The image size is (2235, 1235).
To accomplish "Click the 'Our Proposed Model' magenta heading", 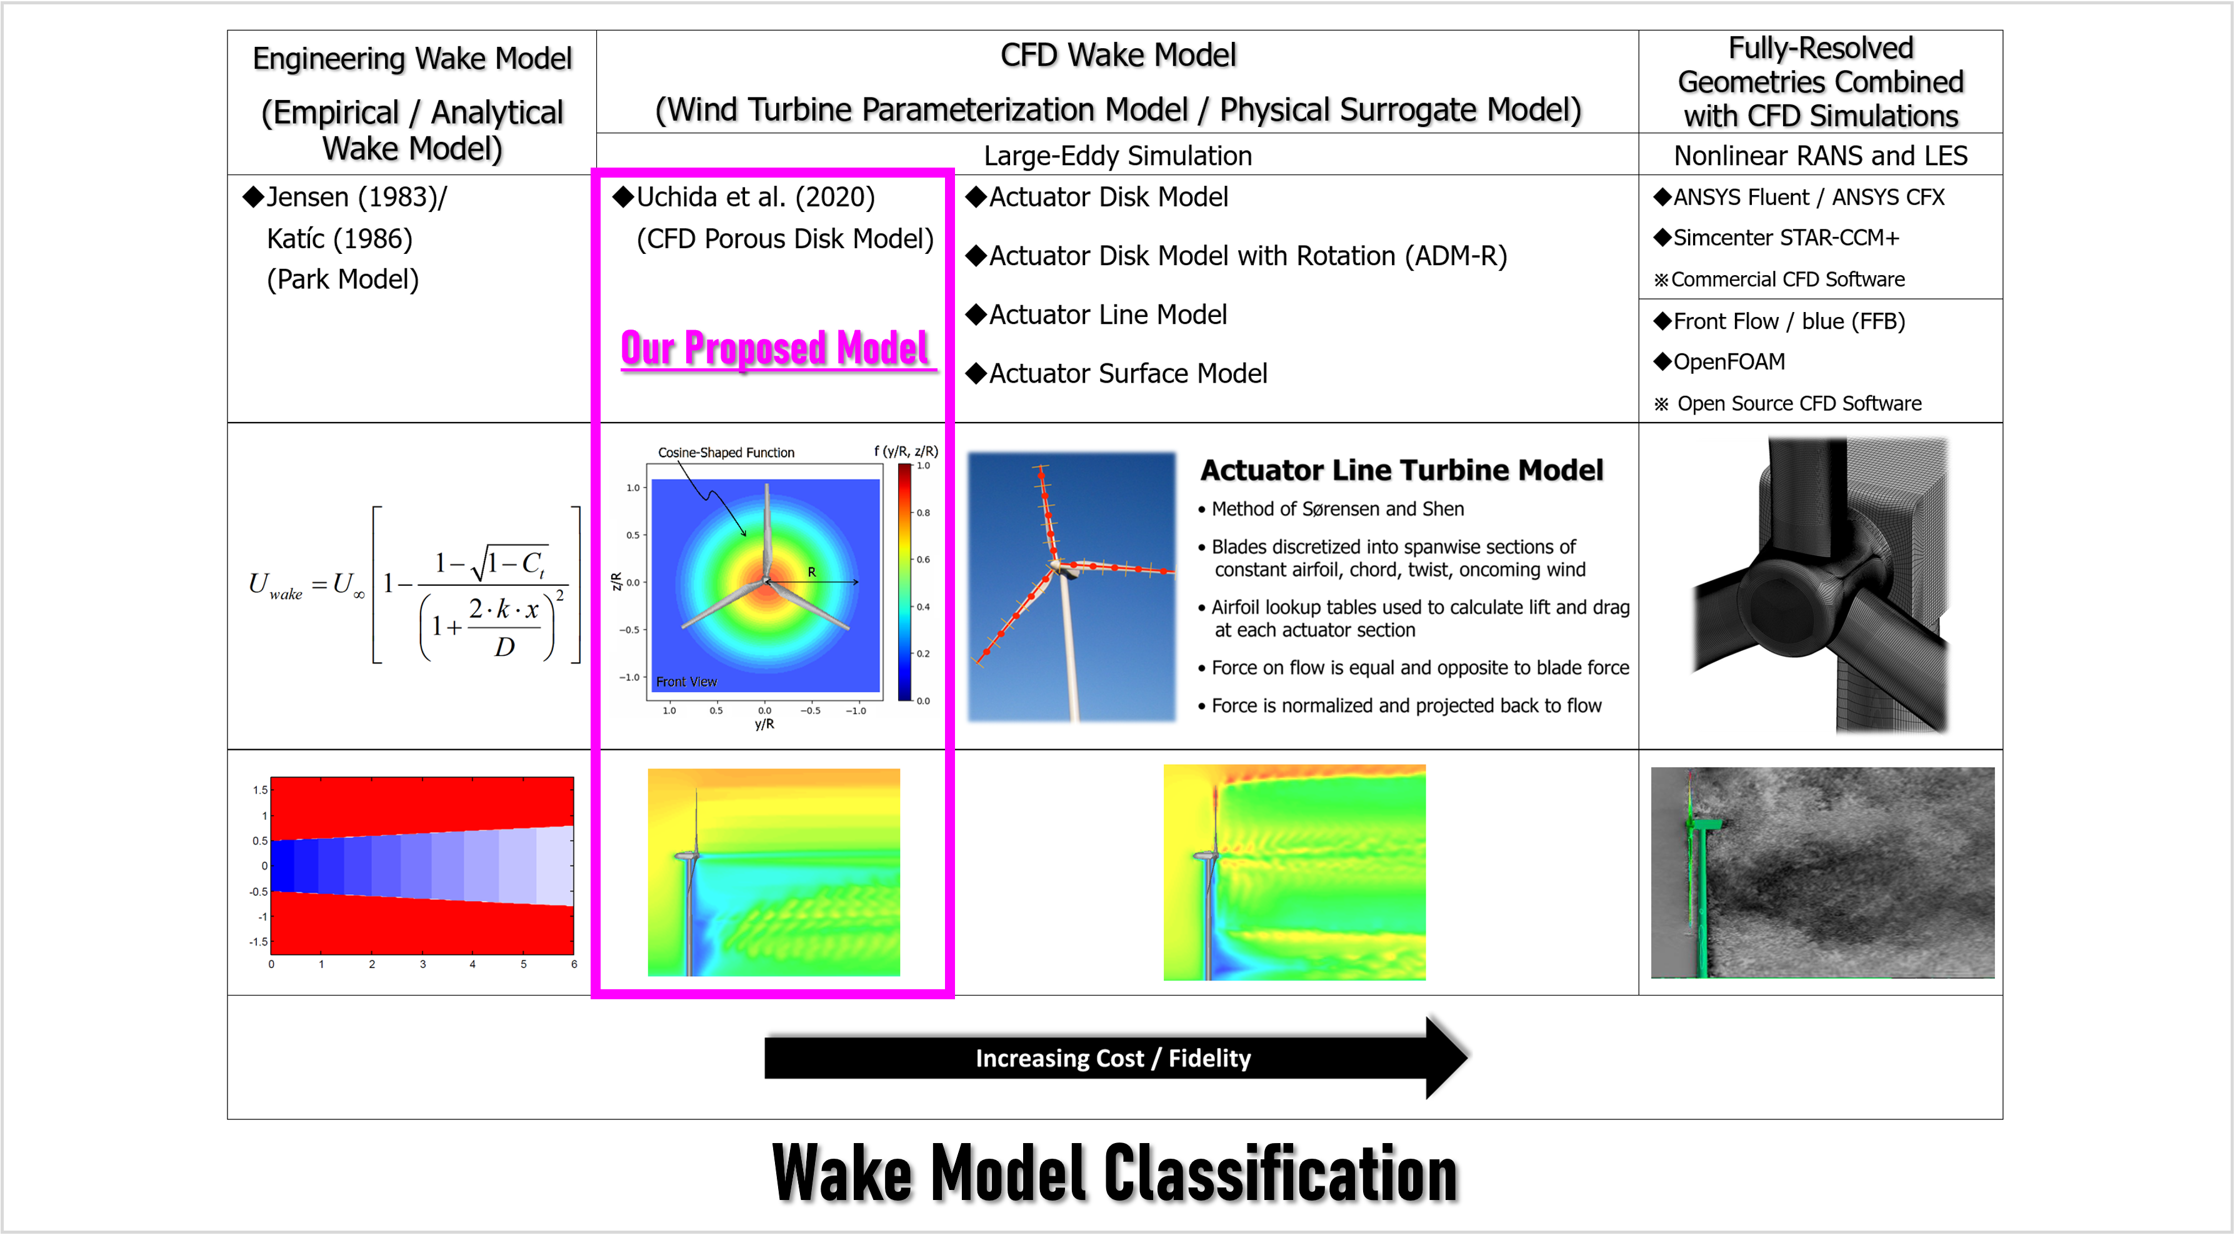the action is click(x=776, y=348).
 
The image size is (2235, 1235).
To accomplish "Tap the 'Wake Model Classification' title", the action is click(x=1115, y=1172).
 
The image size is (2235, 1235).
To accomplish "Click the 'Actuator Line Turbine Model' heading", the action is click(x=1401, y=470).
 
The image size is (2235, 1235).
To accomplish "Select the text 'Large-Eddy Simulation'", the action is click(x=1117, y=156).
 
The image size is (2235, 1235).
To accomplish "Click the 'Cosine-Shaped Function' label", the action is click(x=726, y=452).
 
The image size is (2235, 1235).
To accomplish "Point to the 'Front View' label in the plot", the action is click(x=686, y=682).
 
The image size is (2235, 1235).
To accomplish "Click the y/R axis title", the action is click(x=764, y=724).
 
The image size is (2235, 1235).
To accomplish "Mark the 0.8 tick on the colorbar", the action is click(x=923, y=513).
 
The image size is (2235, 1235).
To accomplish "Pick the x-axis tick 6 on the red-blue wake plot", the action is click(x=574, y=964).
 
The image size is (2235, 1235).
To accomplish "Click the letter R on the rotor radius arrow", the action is click(x=812, y=572).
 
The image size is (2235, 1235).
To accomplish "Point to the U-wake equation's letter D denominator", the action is click(x=504, y=647).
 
